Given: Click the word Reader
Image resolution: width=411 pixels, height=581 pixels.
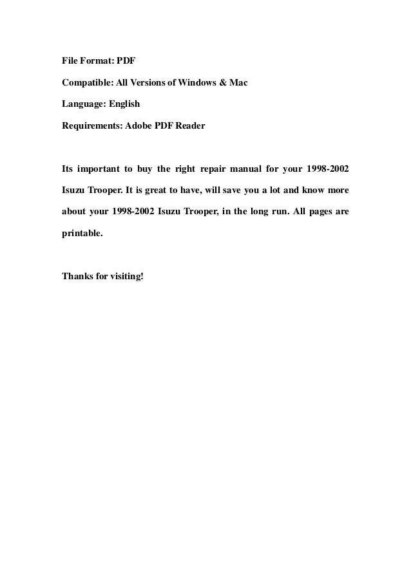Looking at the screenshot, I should tap(190, 126).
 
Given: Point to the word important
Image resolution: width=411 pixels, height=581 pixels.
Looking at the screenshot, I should tap(97, 169).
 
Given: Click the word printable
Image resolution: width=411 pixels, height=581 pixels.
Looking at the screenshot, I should tap(82, 234).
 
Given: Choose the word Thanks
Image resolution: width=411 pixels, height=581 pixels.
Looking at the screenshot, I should tap(77, 277).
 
